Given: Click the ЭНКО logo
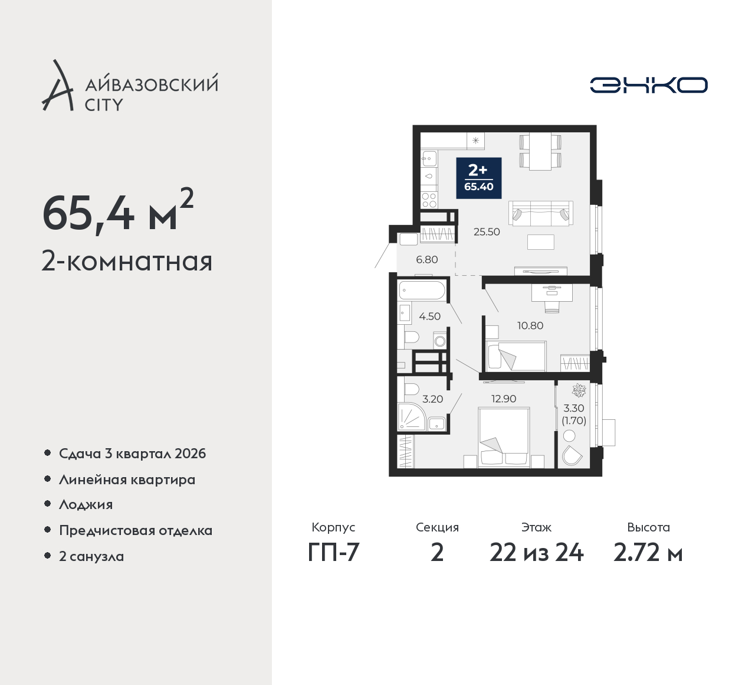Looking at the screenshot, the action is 648,85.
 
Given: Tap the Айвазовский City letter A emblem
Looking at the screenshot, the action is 57,85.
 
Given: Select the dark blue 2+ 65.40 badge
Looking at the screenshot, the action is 479,178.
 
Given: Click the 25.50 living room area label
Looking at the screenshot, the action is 487,231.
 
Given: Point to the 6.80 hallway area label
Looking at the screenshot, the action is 427,260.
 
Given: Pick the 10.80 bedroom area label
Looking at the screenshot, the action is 530,325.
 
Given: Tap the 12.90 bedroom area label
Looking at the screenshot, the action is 504,399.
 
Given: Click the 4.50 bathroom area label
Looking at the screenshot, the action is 429,316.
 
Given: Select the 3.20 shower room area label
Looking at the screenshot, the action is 432,399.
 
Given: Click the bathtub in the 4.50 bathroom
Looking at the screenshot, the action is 422,291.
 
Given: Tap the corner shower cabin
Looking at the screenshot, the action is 412,416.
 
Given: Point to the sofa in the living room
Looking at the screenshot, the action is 540,214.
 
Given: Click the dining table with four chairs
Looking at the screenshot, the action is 540,152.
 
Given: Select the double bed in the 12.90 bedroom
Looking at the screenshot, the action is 504,437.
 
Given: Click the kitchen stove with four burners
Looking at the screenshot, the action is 429,200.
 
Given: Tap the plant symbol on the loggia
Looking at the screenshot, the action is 579,390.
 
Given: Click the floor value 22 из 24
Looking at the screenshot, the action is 536,553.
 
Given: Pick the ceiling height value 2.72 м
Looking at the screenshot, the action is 648,553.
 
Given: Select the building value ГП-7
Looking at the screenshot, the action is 333,553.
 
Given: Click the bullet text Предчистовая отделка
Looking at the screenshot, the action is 136,530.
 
